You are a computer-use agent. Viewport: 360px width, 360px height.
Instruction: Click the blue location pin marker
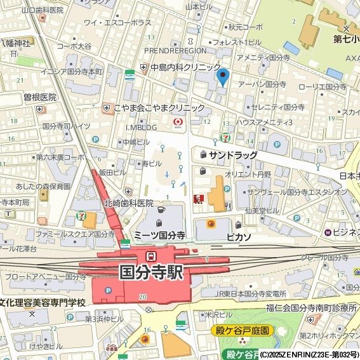222,77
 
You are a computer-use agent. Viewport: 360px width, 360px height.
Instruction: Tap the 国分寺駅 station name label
151,272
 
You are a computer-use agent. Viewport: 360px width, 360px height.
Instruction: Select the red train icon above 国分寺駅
151,256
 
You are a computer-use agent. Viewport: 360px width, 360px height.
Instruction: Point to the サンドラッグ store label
233,155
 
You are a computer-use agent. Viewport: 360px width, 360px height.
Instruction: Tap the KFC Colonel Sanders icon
198,199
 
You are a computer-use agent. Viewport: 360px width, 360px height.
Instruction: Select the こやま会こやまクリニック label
159,107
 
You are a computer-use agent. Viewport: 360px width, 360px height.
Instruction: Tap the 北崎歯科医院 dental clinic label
129,203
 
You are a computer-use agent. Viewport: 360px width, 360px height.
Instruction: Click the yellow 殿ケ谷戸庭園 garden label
241,331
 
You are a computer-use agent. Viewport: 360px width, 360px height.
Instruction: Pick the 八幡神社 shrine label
15,43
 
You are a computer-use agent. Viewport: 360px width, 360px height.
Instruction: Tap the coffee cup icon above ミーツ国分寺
161,210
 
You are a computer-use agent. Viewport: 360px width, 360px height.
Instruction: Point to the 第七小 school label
346,38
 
